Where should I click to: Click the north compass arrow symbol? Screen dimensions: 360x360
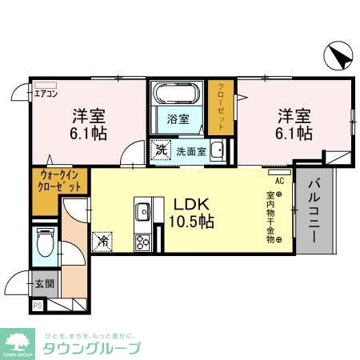click(339, 56)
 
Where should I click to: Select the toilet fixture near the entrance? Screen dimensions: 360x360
click(45, 242)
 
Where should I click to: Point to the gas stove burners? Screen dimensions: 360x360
click(145, 241)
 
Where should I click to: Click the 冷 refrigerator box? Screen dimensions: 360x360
click(103, 238)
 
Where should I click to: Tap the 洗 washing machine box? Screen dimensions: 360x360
click(160, 149)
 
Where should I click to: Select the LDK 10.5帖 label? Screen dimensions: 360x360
click(190, 214)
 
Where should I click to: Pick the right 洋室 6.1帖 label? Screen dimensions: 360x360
click(294, 123)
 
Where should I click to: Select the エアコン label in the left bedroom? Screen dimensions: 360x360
click(46, 93)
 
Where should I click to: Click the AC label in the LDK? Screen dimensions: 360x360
click(280, 182)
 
